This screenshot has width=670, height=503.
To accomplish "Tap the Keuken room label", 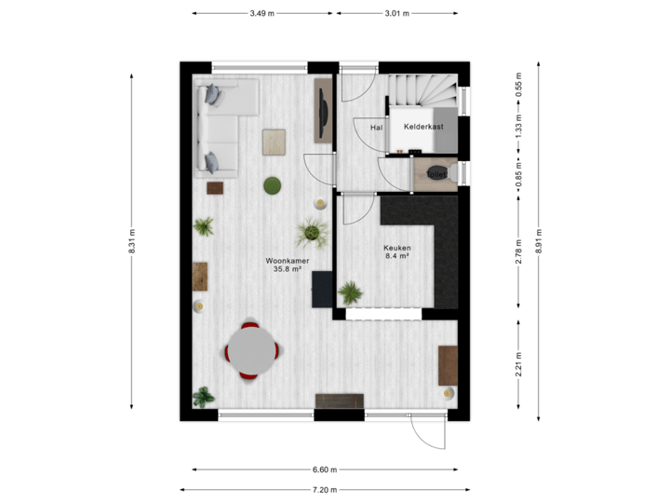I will pos(397,248).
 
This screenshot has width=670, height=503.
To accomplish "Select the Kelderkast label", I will pos(423,126).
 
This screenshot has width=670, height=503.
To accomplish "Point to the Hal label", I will pos(376,127).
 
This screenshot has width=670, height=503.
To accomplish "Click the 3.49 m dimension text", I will pos(262,13).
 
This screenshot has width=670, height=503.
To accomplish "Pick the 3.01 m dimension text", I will pos(397,13).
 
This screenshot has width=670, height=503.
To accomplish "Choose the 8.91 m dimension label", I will pos(539,241).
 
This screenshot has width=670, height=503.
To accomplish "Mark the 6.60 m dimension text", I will pos(325,469).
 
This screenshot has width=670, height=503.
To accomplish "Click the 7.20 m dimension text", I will pos(325,489).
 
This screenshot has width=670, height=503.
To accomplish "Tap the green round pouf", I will pos(273,186).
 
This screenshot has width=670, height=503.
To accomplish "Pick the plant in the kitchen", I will pos(351,294).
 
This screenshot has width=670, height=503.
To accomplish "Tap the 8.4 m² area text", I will pos(397,257).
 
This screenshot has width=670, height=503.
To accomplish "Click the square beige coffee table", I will pos(275,142).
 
